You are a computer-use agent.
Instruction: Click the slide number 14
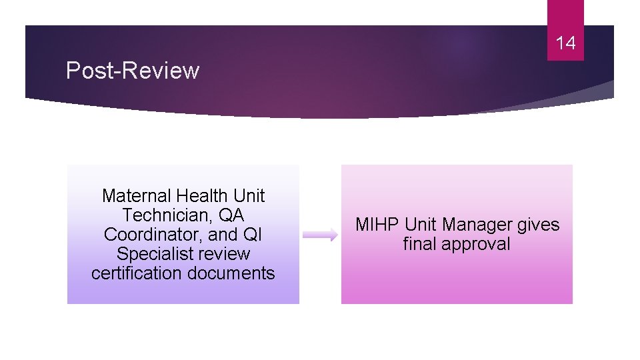(565, 44)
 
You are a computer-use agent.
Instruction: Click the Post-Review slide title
(132, 70)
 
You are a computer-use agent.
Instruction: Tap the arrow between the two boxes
(320, 235)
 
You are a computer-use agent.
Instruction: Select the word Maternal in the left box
(136, 196)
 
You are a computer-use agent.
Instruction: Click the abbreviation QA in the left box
(232, 215)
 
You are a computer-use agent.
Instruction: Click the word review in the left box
(224, 254)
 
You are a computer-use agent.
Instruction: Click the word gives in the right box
(539, 225)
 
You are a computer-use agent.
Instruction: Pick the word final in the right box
(419, 244)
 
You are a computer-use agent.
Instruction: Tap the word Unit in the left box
(248, 196)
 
